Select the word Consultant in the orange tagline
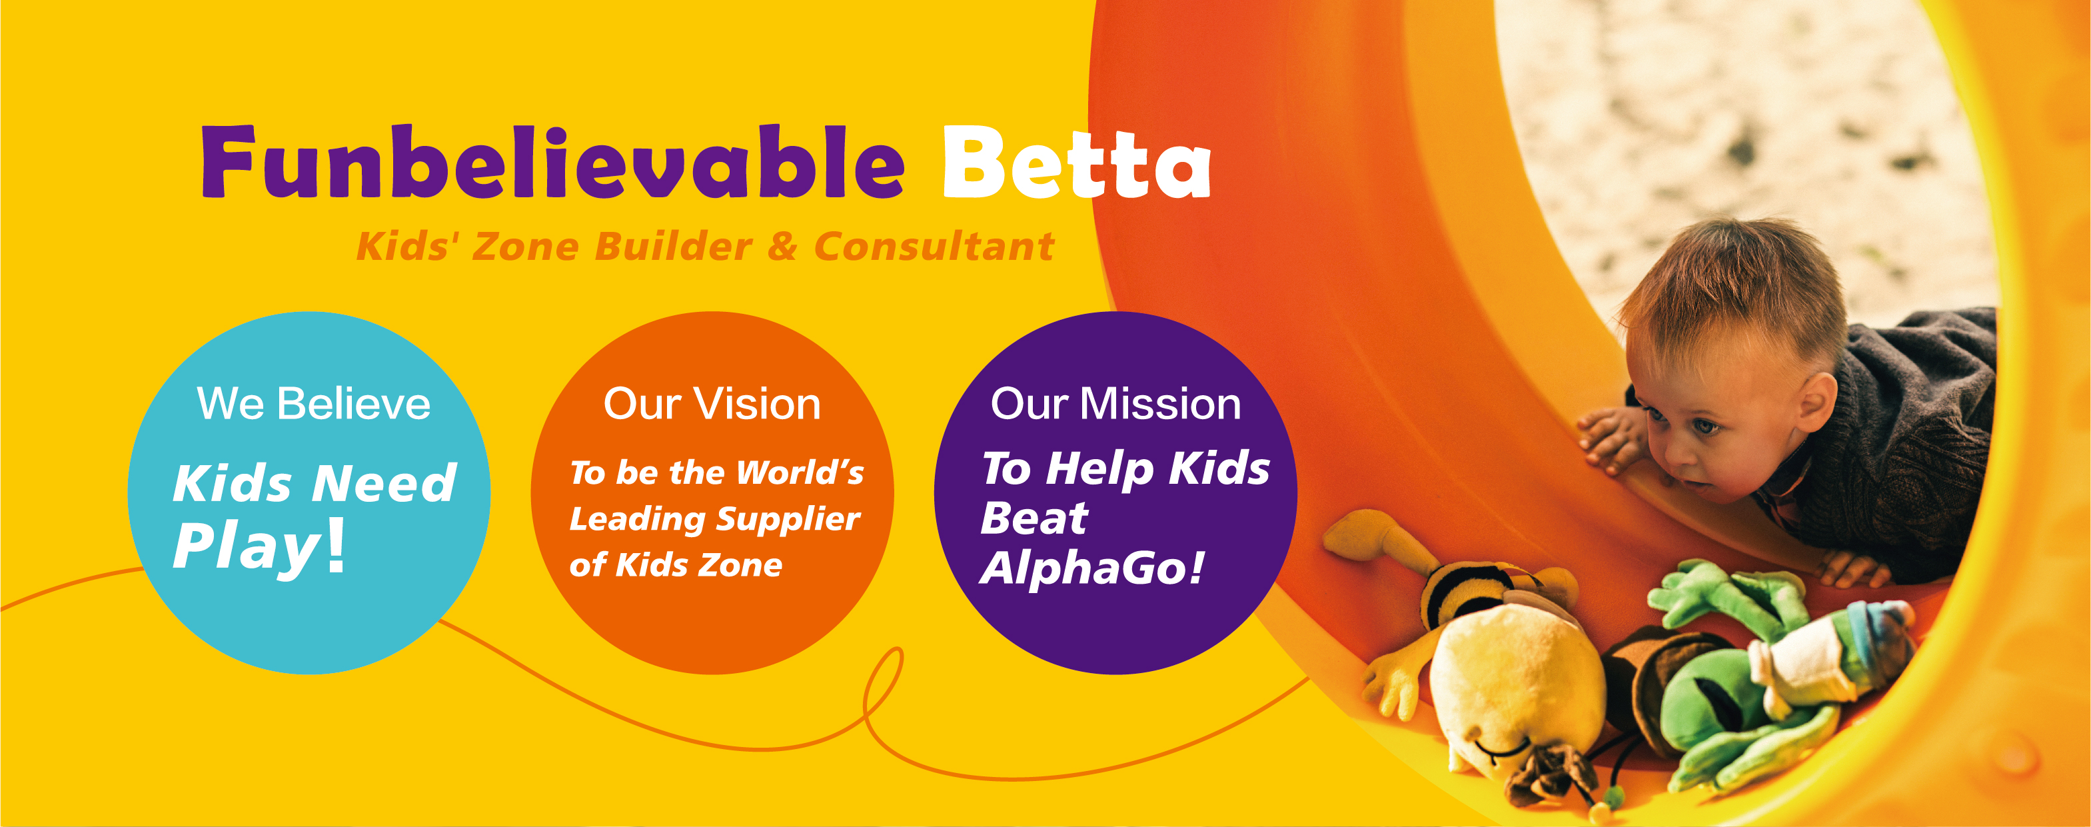coord(934,247)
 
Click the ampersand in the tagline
coord(782,247)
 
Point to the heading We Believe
coord(313,403)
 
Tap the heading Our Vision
coord(712,403)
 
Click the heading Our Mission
coord(1115,403)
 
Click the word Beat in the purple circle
coord(1034,518)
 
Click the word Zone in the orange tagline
coord(524,247)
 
